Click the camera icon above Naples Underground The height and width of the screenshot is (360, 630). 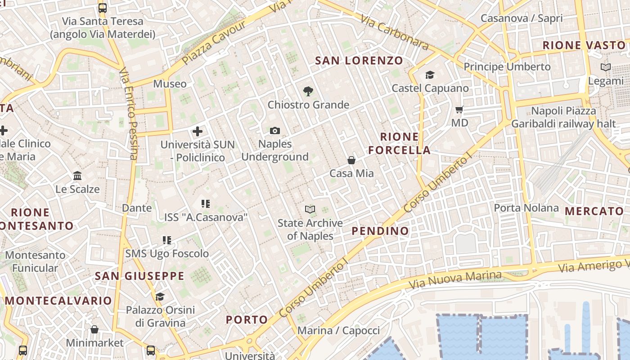click(275, 131)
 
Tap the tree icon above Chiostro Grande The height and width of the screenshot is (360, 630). click(308, 92)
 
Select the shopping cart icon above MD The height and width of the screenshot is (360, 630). click(459, 110)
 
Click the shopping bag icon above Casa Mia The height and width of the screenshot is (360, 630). click(351, 160)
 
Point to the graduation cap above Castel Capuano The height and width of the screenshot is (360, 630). click(430, 75)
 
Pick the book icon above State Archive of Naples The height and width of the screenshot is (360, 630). click(310, 209)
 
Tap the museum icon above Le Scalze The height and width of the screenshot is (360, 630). click(77, 175)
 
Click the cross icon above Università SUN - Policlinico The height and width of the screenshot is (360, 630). click(197, 131)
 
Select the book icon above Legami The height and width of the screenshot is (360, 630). click(606, 67)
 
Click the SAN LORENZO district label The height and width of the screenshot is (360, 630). click(359, 60)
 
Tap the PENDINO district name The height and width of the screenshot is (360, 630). click(380, 231)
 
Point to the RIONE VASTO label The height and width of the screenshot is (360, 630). click(584, 45)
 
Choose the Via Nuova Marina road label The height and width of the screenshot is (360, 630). click(454, 280)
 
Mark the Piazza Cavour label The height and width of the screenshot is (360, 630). click(215, 41)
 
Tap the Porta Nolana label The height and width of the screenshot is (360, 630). click(526, 208)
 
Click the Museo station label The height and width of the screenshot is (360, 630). click(170, 84)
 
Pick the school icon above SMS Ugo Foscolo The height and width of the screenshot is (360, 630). click(167, 240)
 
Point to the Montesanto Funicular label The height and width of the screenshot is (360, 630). click(35, 261)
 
